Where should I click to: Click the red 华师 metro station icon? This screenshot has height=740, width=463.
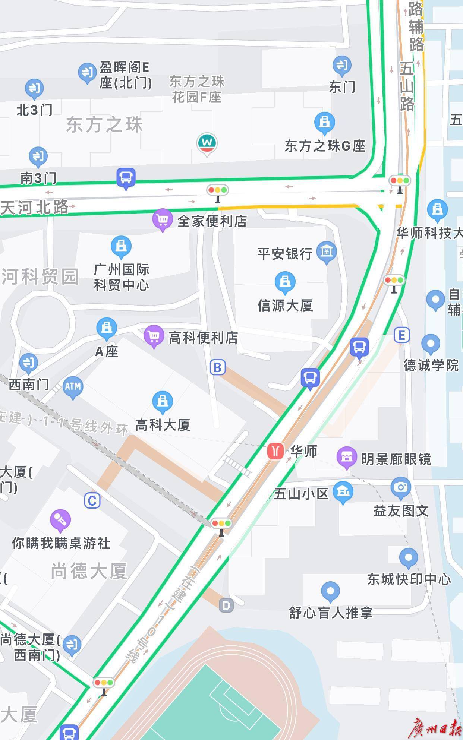point(275,451)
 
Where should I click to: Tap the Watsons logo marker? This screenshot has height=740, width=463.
point(207,143)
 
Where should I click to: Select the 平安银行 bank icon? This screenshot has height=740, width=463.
point(326,251)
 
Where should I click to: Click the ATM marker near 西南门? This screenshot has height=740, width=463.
point(73,386)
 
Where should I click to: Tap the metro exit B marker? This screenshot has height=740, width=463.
point(218,367)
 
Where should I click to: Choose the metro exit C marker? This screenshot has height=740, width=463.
point(92,500)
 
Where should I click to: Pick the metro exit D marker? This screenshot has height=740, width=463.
point(226,605)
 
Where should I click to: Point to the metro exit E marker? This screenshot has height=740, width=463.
point(402,335)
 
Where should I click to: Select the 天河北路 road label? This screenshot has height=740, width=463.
point(35,207)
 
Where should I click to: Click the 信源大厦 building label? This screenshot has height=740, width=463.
point(285,306)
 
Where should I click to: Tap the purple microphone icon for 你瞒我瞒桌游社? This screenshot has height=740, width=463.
point(60,519)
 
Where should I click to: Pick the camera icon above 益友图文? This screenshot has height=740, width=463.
point(401,487)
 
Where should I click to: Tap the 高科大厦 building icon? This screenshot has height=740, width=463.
point(162,401)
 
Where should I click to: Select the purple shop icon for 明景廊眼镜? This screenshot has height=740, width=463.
point(347,456)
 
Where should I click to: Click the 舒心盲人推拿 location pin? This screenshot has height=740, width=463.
point(330,591)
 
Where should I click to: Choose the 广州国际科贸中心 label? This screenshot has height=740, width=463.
point(122,277)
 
